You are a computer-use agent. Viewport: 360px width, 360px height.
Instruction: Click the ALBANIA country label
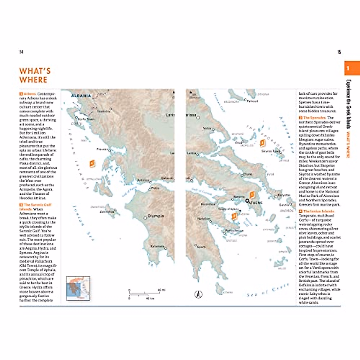tap(81, 96)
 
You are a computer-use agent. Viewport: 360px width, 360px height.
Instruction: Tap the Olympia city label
tap(156, 216)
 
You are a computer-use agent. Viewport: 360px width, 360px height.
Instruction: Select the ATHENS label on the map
tap(255, 203)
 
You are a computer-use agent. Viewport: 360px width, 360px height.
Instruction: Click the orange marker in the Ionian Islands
tap(92, 163)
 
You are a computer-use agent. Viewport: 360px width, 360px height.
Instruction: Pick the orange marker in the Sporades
tap(262, 143)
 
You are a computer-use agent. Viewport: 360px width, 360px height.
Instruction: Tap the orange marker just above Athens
tap(252, 195)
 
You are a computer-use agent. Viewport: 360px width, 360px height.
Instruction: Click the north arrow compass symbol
tap(198, 294)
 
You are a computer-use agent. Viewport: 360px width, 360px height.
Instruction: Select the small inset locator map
tap(78, 288)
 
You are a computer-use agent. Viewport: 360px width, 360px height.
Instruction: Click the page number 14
tap(21, 52)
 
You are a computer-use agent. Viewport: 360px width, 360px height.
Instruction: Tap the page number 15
tap(339, 52)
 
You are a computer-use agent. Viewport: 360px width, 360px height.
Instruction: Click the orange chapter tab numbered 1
tap(352, 68)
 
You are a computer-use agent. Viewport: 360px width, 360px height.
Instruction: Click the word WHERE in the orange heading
tap(33, 80)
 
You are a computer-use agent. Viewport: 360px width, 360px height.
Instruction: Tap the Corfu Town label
tap(86, 119)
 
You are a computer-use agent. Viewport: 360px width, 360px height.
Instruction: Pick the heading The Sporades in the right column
tap(314, 118)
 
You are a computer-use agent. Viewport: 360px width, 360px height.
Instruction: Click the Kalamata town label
tap(157, 246)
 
